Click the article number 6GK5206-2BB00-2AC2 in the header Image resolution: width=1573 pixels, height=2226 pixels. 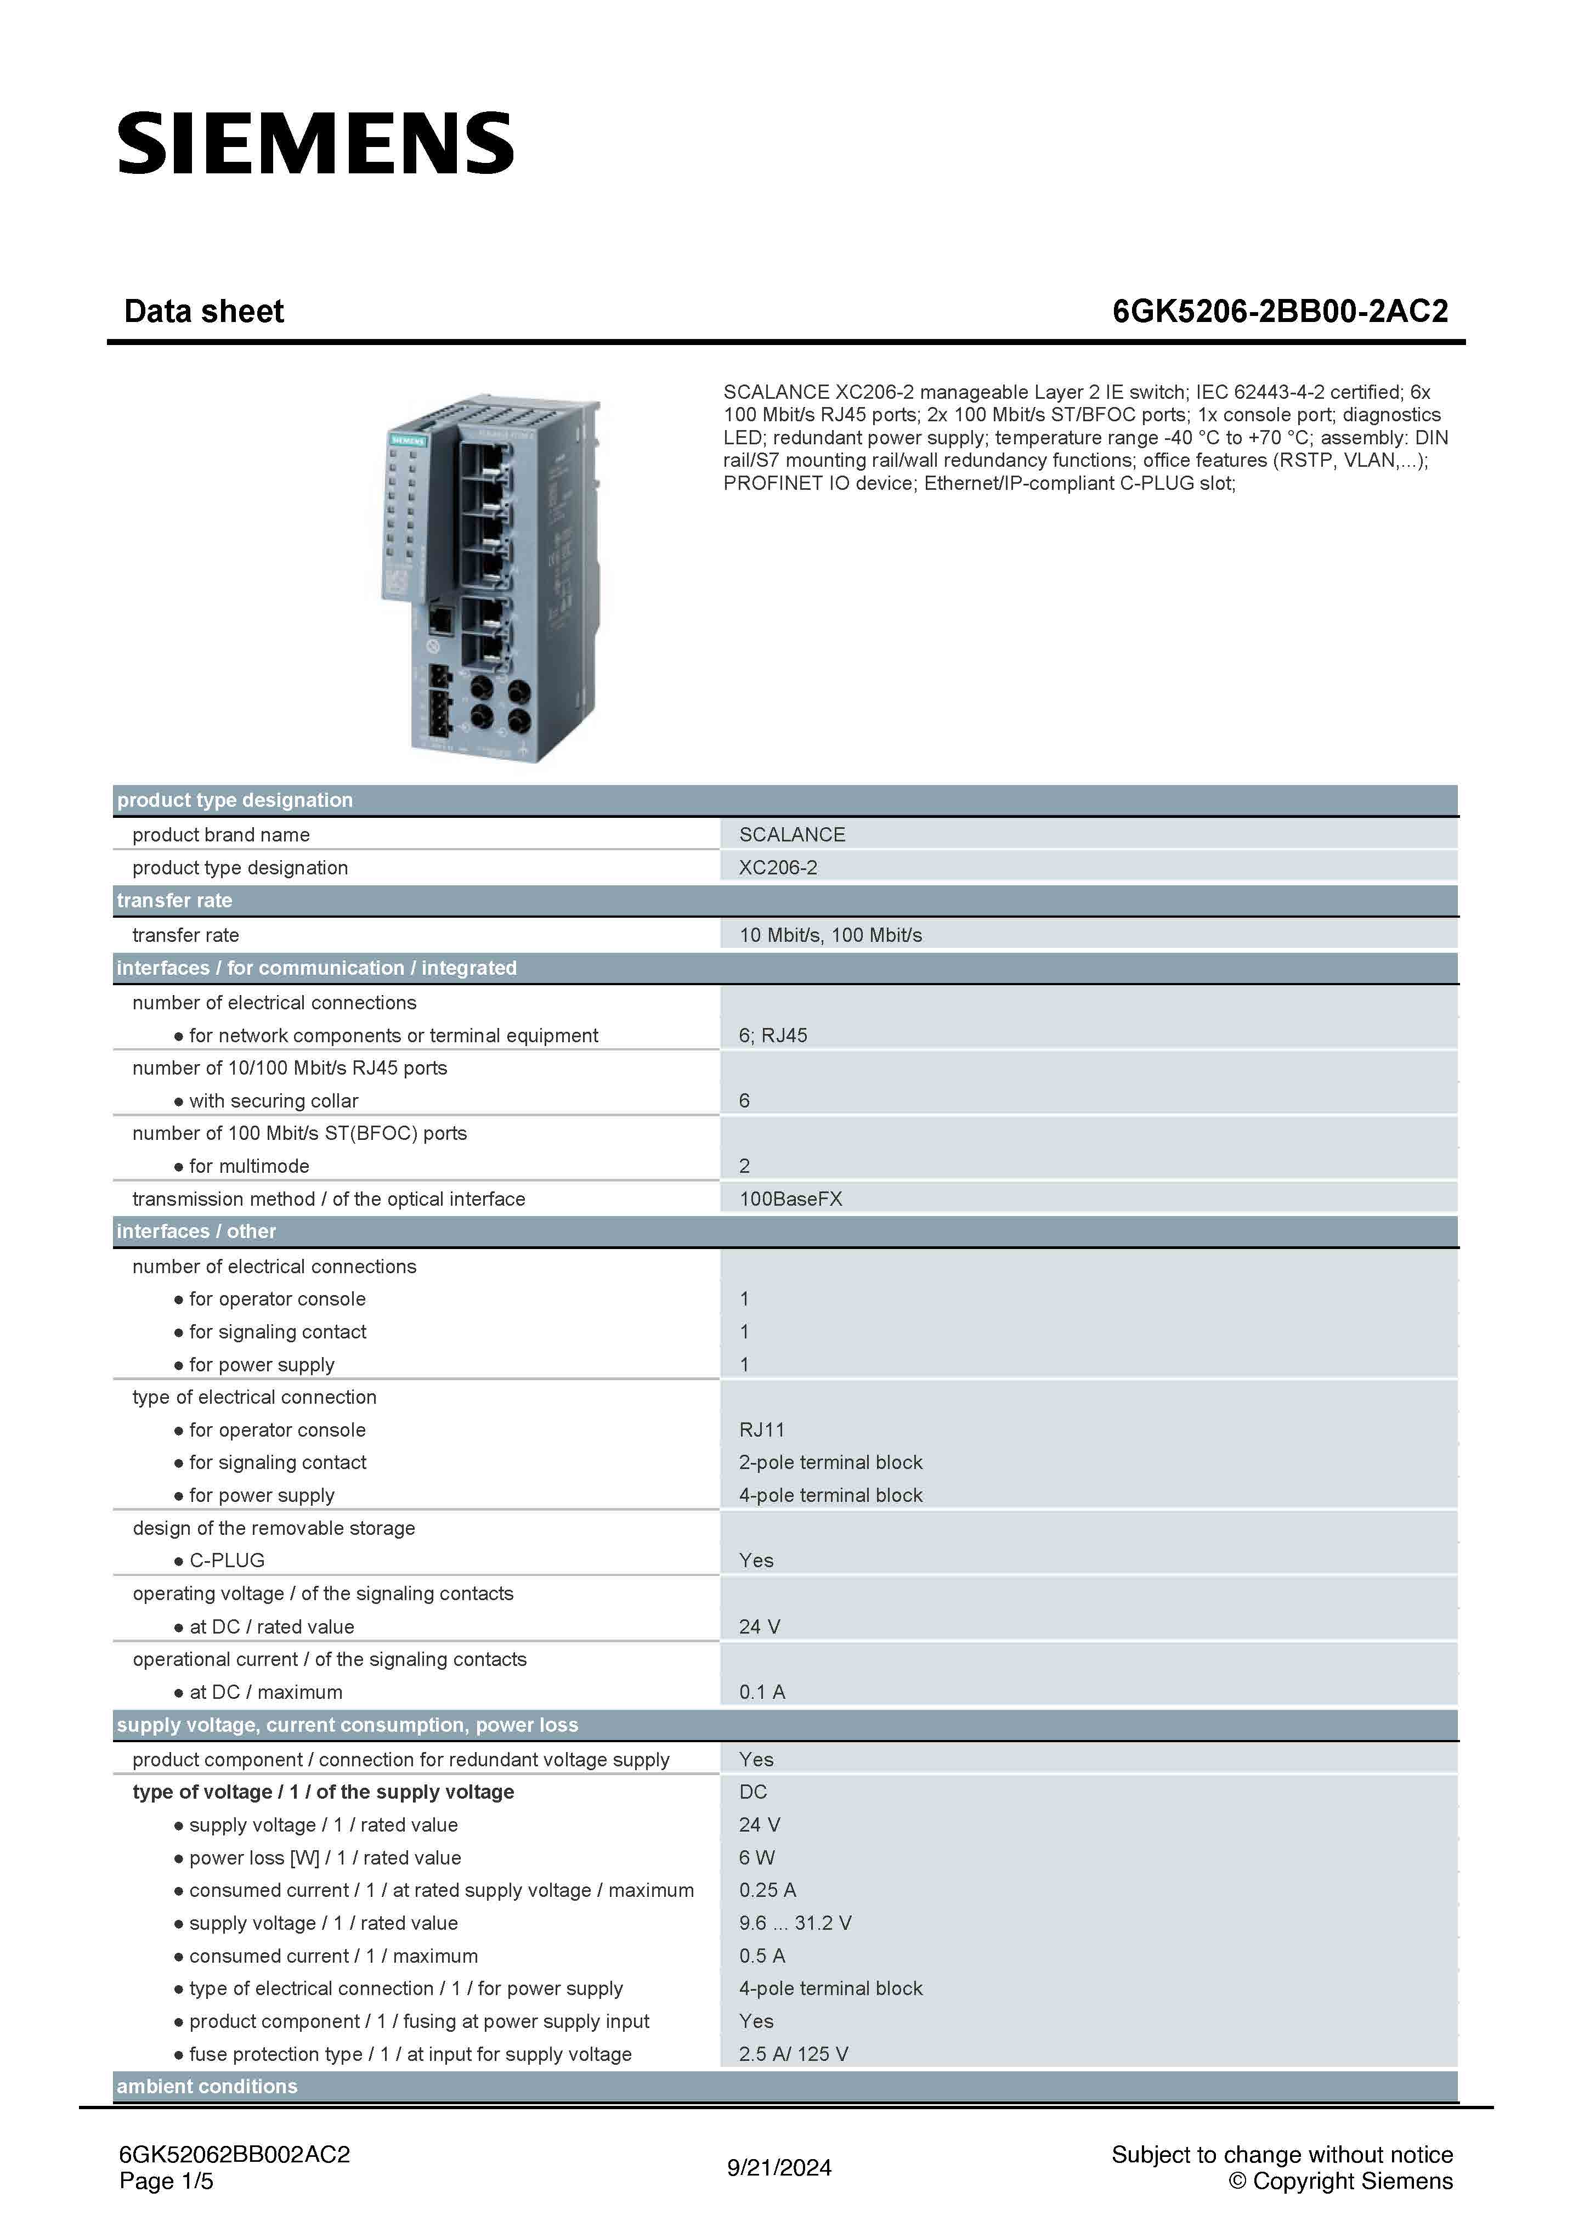1280,311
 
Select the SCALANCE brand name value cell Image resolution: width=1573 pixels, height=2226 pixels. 792,835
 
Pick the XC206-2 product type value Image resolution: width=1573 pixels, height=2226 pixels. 777,868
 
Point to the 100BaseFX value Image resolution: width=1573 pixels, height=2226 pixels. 790,1199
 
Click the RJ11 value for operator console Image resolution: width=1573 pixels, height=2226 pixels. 762,1430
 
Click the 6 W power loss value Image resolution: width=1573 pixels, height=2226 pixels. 756,1857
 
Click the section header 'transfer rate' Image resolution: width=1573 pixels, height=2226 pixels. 174,901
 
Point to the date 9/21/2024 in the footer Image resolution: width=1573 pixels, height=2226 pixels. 779,2168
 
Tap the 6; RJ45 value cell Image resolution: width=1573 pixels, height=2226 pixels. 772,1036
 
